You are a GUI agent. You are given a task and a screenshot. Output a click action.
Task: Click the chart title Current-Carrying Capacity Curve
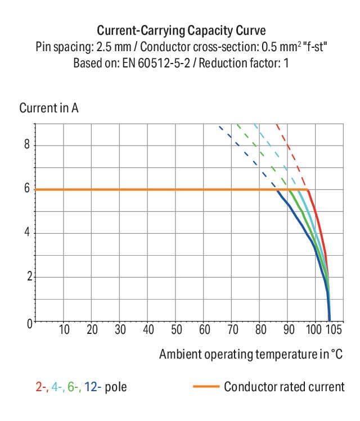click(181, 30)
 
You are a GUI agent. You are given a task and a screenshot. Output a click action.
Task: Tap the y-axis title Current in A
click(49, 108)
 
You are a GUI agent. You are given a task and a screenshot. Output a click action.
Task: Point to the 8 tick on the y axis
click(26, 146)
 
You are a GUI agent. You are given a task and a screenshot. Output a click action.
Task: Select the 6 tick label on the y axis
click(26, 189)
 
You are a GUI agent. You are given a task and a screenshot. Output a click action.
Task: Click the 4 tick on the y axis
click(26, 233)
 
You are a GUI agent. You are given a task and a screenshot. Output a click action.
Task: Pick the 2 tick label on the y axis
click(26, 277)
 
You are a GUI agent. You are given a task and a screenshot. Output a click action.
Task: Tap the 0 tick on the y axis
click(26, 322)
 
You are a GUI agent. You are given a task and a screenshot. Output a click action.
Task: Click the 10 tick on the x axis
click(64, 330)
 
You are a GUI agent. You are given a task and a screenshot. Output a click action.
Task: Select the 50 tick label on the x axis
click(177, 330)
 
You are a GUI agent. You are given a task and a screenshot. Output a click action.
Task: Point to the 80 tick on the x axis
click(260, 330)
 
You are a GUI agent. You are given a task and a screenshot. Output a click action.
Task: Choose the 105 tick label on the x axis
click(334, 330)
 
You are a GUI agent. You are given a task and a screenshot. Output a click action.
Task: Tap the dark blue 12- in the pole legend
click(91, 387)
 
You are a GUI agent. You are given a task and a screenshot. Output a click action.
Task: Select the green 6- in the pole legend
click(73, 387)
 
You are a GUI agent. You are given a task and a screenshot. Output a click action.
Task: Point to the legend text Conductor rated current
click(284, 387)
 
